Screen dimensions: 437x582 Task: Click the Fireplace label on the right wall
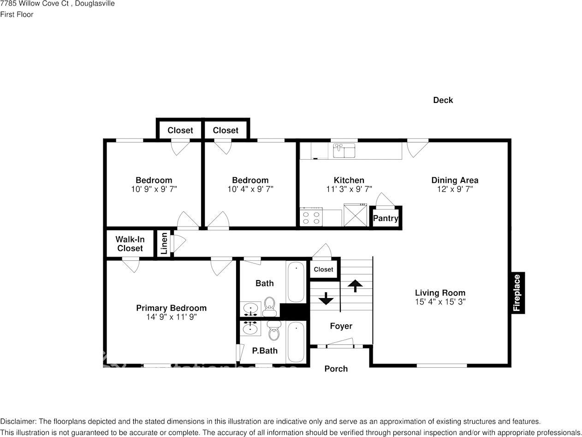tap(517, 293)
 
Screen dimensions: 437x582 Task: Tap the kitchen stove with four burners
tap(311, 217)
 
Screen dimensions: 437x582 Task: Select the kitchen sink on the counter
tap(344, 150)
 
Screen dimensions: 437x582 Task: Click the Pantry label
tap(386, 218)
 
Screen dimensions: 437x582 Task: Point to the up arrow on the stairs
tap(355, 286)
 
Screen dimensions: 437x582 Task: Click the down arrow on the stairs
tap(326, 299)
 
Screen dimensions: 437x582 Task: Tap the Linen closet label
tap(164, 244)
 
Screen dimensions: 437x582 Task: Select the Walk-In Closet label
tap(130, 244)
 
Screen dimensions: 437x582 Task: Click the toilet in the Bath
tap(270, 306)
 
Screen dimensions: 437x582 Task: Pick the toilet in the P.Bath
tap(274, 331)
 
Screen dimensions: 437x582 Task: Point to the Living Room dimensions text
tap(440, 302)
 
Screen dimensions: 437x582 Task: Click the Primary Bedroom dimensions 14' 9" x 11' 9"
tap(171, 317)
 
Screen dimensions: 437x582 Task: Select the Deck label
tap(443, 100)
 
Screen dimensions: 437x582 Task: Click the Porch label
tap(336, 369)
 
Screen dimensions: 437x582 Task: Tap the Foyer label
tap(341, 326)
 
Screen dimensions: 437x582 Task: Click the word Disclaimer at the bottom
tap(18, 421)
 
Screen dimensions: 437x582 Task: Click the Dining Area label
tap(455, 180)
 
